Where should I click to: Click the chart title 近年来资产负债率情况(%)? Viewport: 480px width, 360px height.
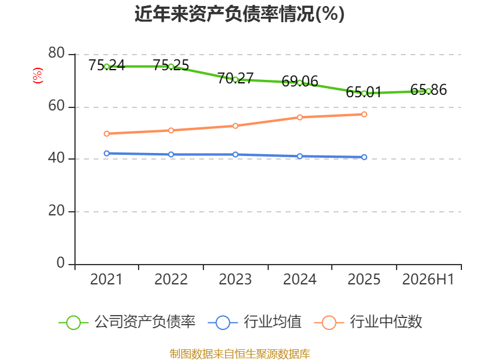click(239, 14)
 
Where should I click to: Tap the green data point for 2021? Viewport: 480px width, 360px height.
click(107, 67)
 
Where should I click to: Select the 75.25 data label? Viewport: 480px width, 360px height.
click(171, 65)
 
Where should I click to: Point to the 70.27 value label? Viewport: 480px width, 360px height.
click(235, 78)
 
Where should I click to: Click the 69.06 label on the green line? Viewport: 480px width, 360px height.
click(299, 81)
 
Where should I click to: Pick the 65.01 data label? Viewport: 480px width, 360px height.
click(364, 92)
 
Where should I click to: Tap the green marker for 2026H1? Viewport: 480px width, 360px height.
click(428, 91)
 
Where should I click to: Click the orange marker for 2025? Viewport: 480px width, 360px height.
click(364, 114)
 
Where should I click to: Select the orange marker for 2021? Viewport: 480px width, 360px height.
click(107, 134)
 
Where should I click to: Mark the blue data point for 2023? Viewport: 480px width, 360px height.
click(235, 155)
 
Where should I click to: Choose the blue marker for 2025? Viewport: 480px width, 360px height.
click(364, 157)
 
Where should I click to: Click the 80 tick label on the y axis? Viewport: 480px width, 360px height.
click(56, 53)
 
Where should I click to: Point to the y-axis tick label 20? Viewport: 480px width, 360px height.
click(56, 211)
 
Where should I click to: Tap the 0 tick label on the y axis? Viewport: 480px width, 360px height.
click(61, 263)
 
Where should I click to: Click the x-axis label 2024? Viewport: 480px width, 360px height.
click(299, 279)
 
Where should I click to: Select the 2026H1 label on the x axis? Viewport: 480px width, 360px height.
click(428, 279)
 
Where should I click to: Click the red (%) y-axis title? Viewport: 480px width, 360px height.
click(38, 76)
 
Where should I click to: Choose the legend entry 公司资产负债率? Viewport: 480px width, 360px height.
click(127, 322)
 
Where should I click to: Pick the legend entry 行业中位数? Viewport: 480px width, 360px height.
click(368, 322)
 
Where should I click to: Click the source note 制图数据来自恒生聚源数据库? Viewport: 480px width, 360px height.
click(240, 354)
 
